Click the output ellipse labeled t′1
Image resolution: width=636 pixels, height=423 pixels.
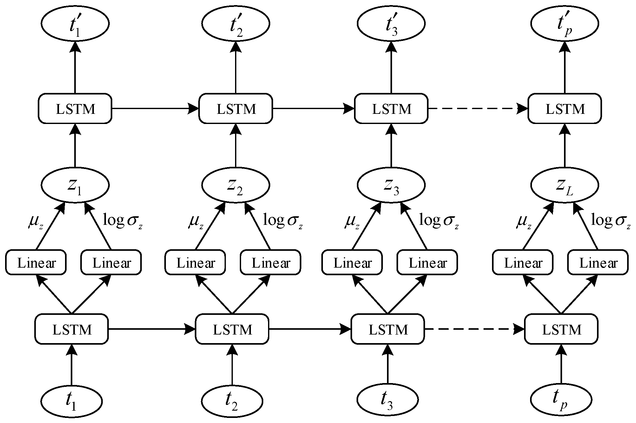(75, 23)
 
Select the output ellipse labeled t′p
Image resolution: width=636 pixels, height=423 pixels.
(565, 23)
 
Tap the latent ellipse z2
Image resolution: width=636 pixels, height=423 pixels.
(235, 185)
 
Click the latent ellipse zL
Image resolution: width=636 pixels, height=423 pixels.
(565, 185)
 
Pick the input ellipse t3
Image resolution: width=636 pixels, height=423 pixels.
(387, 401)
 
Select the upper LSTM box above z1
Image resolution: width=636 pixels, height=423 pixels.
(75, 108)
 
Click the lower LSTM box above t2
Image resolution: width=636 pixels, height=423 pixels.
(232, 329)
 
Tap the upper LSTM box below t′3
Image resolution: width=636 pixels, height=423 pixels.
(391, 108)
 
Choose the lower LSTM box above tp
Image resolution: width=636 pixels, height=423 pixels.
(561, 329)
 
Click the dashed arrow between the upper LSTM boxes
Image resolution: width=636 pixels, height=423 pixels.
(477, 108)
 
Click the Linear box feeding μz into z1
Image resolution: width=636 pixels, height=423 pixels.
(36, 262)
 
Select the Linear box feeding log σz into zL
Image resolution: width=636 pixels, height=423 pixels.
(598, 262)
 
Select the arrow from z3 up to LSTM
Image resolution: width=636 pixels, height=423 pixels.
(391, 146)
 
